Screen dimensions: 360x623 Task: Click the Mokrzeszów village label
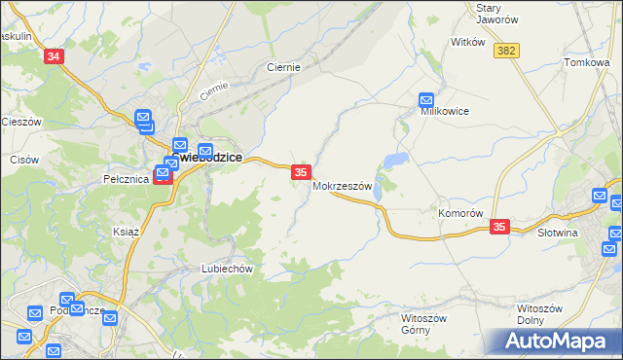342,186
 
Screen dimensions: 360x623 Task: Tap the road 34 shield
54,57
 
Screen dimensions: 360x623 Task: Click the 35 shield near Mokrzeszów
301,172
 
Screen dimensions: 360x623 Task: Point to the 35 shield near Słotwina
499,227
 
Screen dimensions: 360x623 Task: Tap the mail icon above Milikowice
426,98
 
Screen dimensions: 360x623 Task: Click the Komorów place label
460,213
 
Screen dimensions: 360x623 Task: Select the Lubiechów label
227,269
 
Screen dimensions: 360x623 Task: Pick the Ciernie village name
283,68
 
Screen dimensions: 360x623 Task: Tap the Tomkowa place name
586,62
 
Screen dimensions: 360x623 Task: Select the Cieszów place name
20,122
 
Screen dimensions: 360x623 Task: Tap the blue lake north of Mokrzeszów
395,160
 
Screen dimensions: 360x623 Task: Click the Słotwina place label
558,234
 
